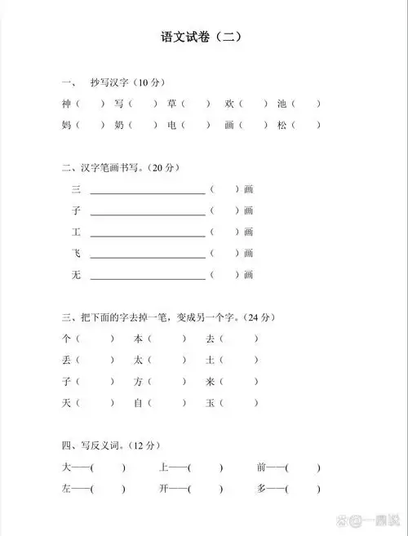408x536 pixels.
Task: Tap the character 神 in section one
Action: point(66,104)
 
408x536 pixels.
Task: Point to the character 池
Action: point(282,104)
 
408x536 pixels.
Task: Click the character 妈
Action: point(66,126)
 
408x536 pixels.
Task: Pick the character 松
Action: point(282,126)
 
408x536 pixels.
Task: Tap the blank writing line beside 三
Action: point(148,193)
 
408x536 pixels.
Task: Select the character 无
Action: point(77,275)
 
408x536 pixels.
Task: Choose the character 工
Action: point(77,232)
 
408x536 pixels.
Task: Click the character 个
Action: point(66,338)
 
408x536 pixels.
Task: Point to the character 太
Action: point(139,360)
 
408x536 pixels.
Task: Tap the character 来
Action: point(210,381)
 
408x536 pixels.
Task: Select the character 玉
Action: point(210,403)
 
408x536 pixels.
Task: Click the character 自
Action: point(139,403)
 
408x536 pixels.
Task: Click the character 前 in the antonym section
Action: point(261,467)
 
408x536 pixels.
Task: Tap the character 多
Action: point(261,489)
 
